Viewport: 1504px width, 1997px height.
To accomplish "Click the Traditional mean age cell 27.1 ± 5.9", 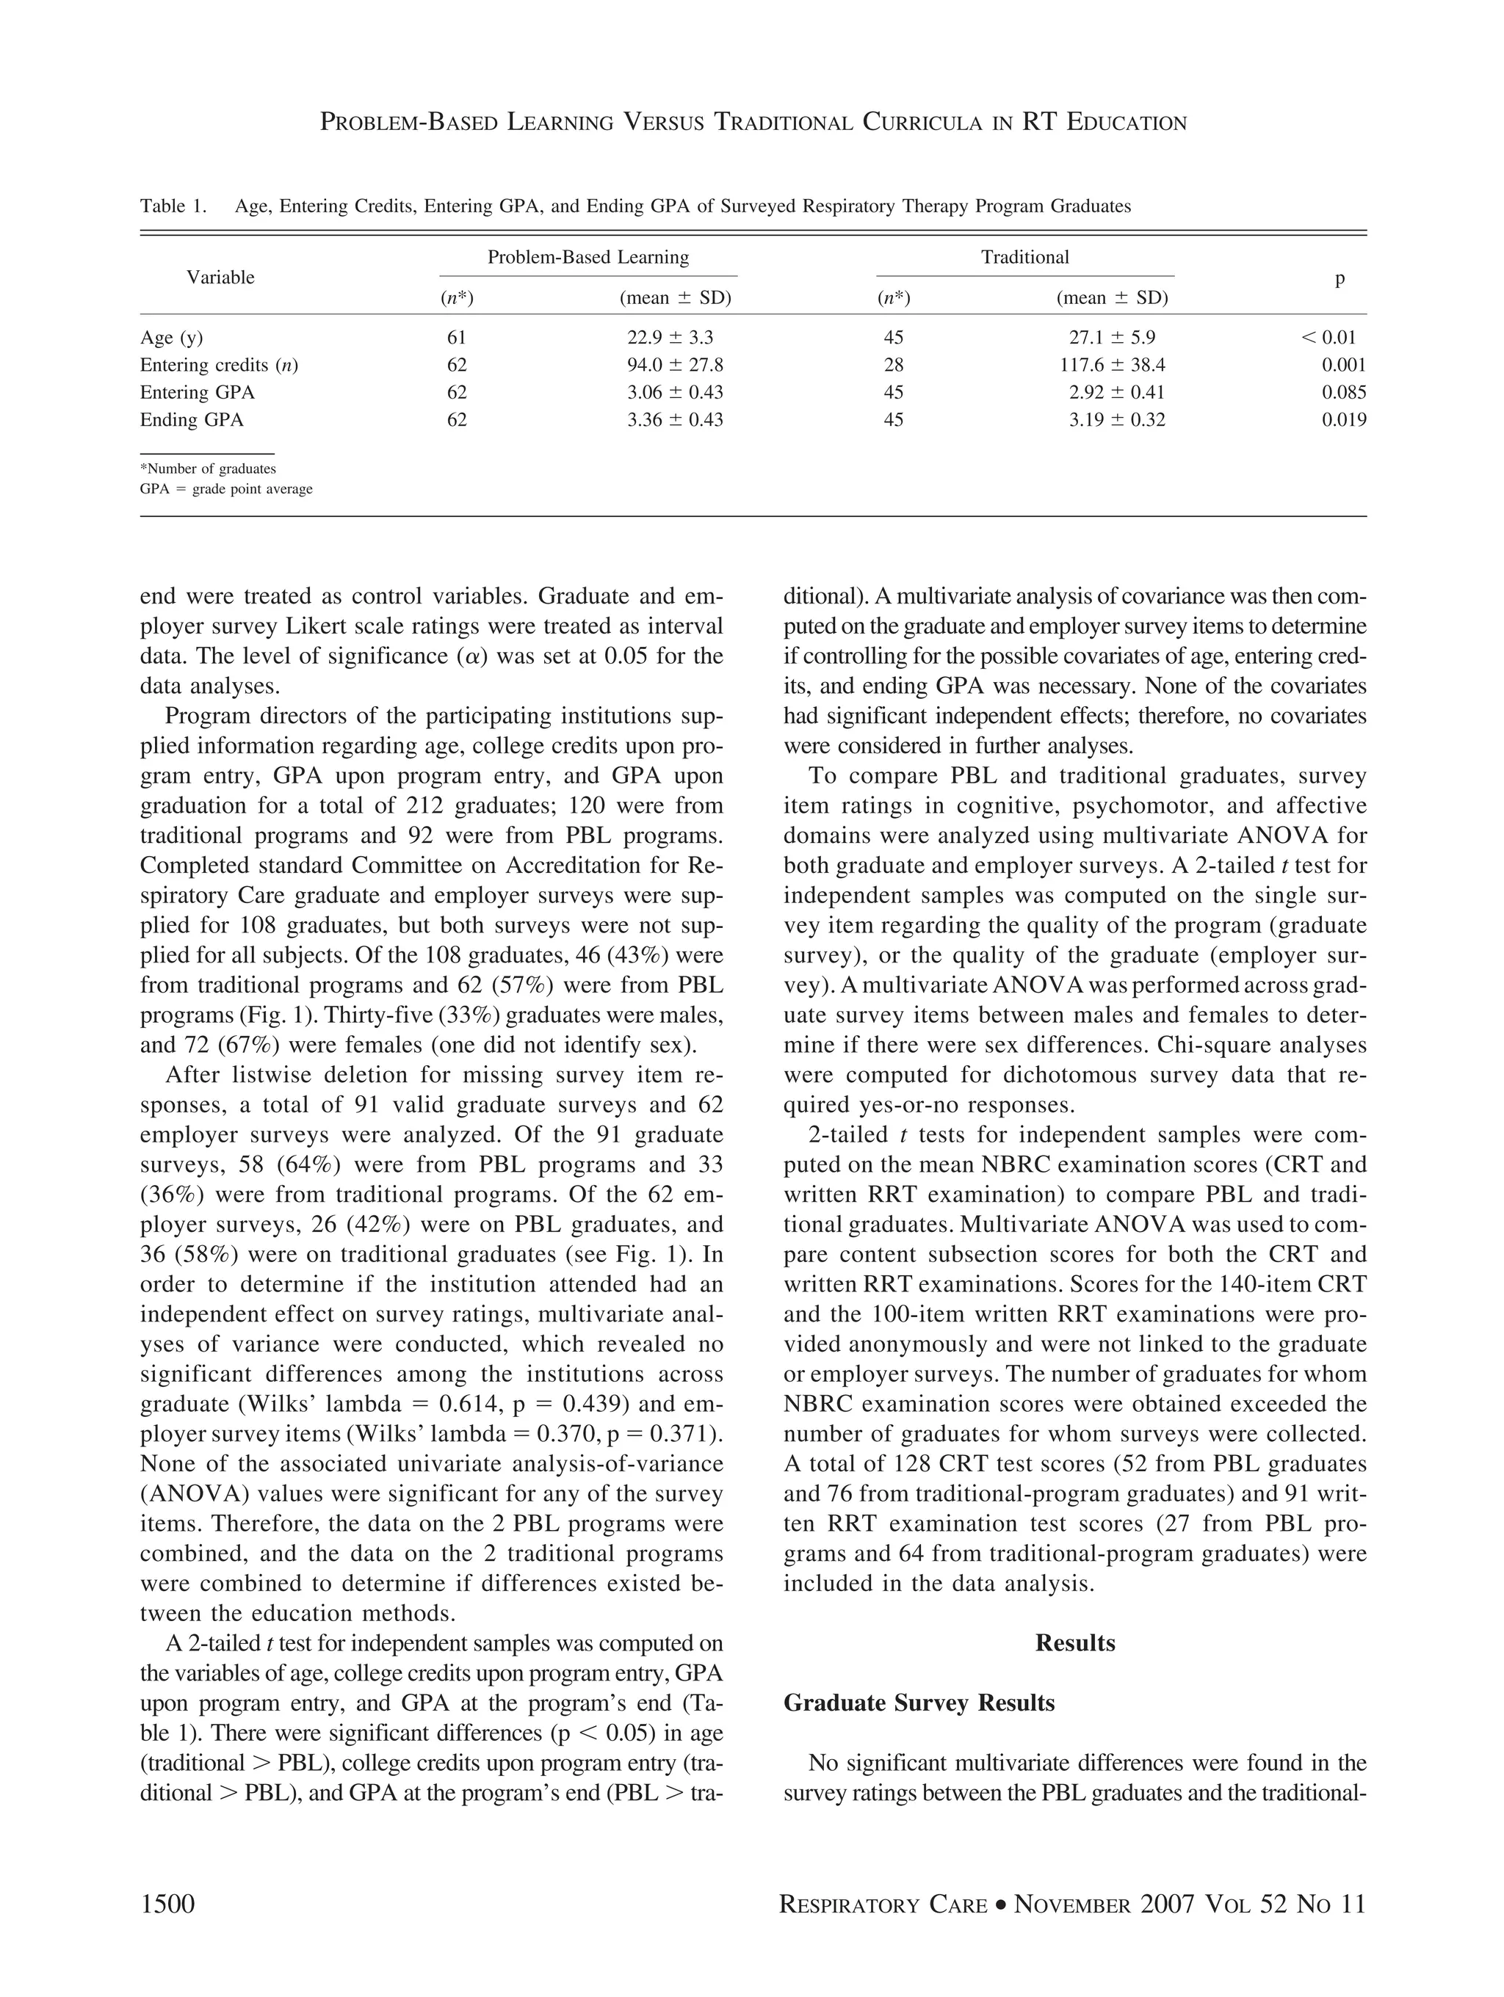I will [x=1111, y=338].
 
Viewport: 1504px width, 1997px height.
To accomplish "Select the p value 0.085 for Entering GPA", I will [x=1343, y=393].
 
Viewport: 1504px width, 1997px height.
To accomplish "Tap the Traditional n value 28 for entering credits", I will [x=893, y=366].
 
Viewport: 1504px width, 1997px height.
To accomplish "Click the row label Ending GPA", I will [x=192, y=420].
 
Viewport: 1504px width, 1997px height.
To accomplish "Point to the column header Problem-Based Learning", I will [x=587, y=257].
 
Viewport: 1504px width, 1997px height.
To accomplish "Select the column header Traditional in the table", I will [x=1024, y=257].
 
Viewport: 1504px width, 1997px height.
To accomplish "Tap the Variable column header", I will [x=220, y=278].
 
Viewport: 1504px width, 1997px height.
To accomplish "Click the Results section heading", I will [x=1074, y=1642].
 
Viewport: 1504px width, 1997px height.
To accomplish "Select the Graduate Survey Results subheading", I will [x=918, y=1703].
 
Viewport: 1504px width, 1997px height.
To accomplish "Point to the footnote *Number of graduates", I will [x=208, y=468].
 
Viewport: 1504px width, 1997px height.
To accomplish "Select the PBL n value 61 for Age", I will [x=457, y=338].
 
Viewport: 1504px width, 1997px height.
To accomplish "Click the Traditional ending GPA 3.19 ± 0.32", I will [x=1117, y=420].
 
